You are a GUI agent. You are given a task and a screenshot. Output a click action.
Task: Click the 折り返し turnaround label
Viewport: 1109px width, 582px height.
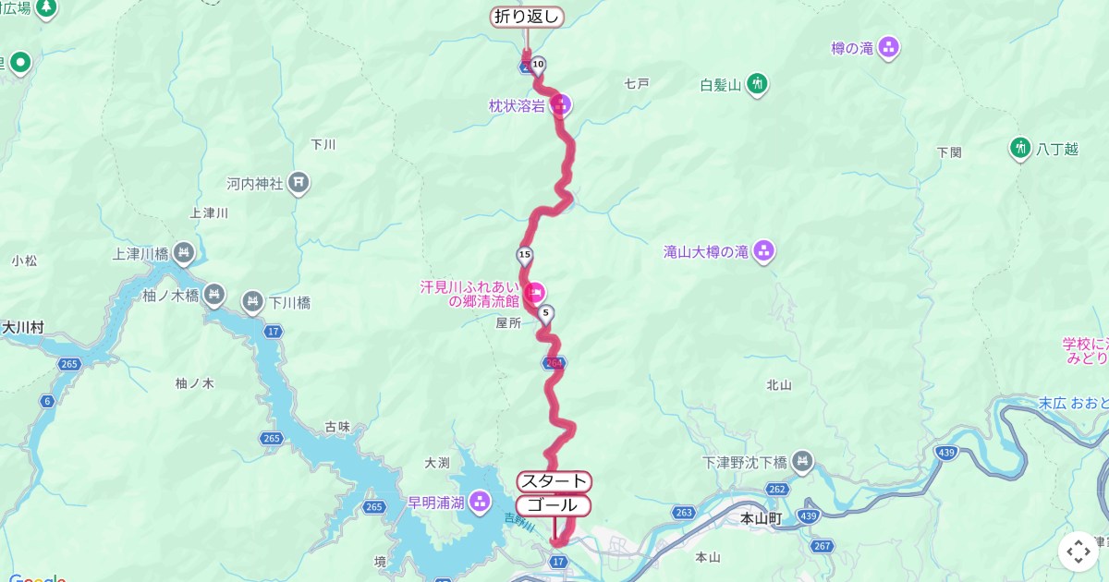(x=526, y=17)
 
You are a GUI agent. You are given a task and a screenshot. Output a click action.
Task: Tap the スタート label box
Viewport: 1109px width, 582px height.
(x=553, y=481)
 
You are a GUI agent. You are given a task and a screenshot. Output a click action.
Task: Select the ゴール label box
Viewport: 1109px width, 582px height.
(x=553, y=505)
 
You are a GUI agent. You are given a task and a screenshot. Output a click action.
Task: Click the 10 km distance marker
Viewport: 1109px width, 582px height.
(x=538, y=64)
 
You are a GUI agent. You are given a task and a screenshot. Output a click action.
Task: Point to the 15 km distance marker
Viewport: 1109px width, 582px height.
(x=525, y=254)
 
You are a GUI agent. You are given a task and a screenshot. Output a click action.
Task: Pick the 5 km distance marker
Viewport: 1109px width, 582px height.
(x=546, y=313)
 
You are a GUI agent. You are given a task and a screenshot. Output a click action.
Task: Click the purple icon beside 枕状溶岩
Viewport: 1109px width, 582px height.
(x=560, y=104)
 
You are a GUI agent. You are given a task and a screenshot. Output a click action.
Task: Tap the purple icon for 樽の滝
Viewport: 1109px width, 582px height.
(x=889, y=47)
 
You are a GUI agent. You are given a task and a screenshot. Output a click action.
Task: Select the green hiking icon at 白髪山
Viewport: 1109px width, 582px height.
(x=758, y=85)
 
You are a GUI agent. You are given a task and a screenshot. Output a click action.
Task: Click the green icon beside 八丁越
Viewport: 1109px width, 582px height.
(x=1020, y=148)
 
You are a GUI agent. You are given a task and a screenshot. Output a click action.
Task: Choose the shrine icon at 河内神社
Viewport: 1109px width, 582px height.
(x=299, y=183)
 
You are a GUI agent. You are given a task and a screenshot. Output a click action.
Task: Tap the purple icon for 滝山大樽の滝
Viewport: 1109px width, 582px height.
(x=763, y=249)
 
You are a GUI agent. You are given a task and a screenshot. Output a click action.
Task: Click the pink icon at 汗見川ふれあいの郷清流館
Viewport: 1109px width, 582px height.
(x=534, y=294)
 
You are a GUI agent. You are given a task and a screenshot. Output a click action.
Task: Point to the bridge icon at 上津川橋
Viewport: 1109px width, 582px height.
(x=184, y=250)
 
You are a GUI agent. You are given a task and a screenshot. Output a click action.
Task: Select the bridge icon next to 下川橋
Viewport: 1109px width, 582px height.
(x=252, y=301)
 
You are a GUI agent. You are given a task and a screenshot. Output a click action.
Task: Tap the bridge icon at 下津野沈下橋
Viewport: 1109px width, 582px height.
(x=802, y=460)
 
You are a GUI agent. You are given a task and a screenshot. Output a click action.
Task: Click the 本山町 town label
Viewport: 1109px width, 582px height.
(x=761, y=519)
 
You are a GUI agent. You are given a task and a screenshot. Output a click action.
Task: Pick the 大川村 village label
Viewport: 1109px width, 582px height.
(x=23, y=327)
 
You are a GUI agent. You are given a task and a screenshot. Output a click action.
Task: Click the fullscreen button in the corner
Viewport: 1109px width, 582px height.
(x=1079, y=552)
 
